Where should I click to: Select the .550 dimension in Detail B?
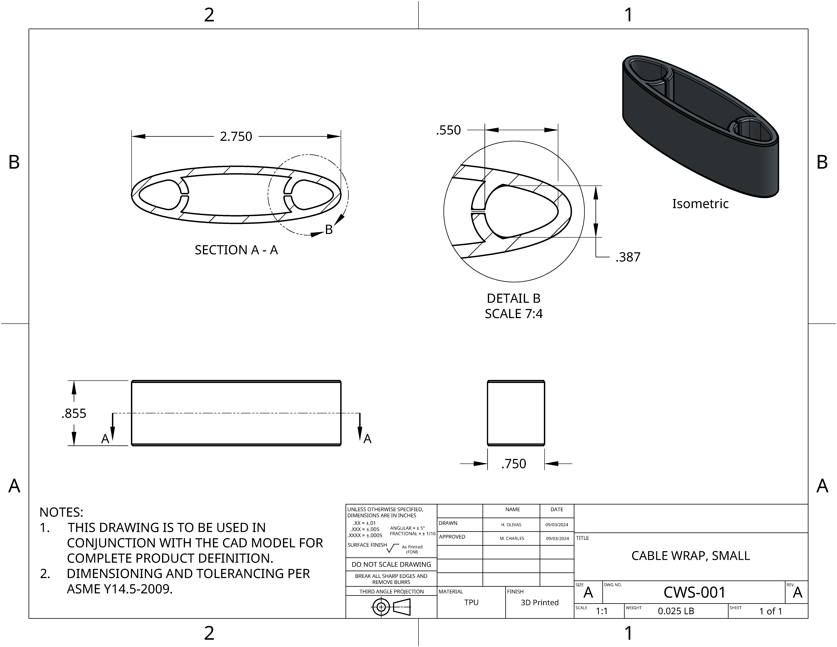pos(448,130)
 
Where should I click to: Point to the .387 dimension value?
pos(628,257)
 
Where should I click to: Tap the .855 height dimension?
pos(74,414)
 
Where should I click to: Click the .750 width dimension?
pos(513,464)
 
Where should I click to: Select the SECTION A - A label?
pos(236,250)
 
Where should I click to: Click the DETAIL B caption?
pos(513,298)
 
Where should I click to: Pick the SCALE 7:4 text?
pos(513,314)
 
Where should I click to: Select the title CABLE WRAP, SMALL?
pos(691,556)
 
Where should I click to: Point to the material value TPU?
pos(471,602)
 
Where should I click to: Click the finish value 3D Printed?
pos(540,602)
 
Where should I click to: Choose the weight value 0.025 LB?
pos(676,611)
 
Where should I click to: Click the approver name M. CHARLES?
pos(512,539)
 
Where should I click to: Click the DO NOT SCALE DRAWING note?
pos(391,565)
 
